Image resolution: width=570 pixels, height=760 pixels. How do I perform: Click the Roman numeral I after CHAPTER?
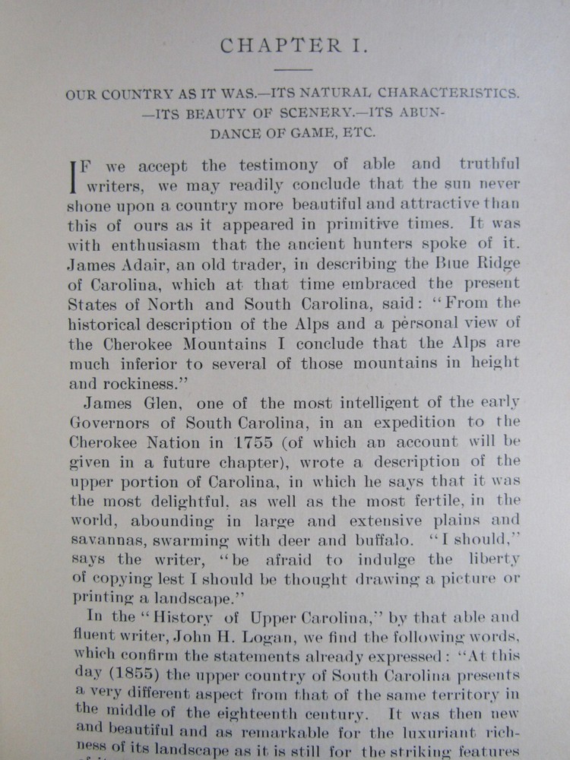tap(359, 46)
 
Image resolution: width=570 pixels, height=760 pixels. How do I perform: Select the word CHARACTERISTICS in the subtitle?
tap(444, 96)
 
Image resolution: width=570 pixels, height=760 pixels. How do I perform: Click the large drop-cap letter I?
tap(74, 176)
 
